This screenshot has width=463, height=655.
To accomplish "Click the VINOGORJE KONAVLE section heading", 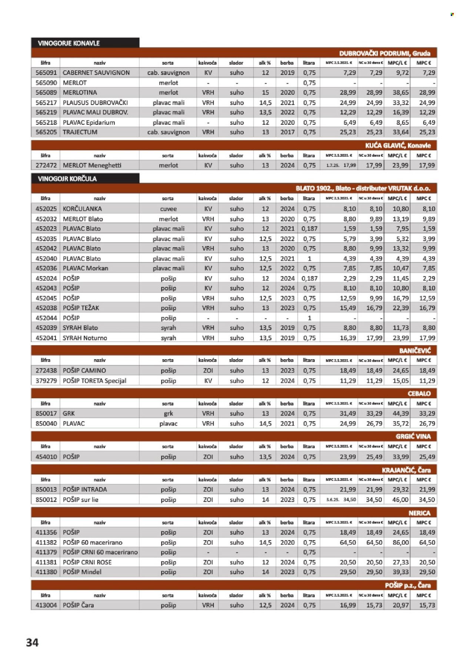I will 69,43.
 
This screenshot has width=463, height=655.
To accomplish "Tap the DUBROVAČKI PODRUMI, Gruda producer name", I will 384,53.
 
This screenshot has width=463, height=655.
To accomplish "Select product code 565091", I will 46,73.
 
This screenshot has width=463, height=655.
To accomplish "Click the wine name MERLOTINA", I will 80,93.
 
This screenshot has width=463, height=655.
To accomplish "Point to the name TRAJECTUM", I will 80,132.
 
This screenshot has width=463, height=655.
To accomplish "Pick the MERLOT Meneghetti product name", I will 92,166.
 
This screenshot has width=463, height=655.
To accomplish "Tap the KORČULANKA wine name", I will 82,209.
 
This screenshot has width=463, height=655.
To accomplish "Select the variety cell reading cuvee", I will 168,209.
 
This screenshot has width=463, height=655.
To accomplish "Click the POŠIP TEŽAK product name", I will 81,308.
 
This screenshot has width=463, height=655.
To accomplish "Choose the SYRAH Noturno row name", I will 85,338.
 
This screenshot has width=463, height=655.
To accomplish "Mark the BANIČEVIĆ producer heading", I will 415,350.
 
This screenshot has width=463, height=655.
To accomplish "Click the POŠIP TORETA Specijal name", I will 94,381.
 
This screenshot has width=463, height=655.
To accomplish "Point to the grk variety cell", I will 168,414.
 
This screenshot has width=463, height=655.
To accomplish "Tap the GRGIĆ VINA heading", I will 413,437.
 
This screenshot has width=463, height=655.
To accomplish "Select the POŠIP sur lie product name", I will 80,499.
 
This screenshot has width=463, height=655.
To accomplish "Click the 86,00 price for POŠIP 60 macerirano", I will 400,542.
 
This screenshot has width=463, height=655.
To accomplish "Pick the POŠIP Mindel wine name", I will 82,572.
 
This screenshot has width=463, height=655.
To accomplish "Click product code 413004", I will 46,605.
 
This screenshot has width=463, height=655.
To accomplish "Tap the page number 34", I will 32,642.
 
